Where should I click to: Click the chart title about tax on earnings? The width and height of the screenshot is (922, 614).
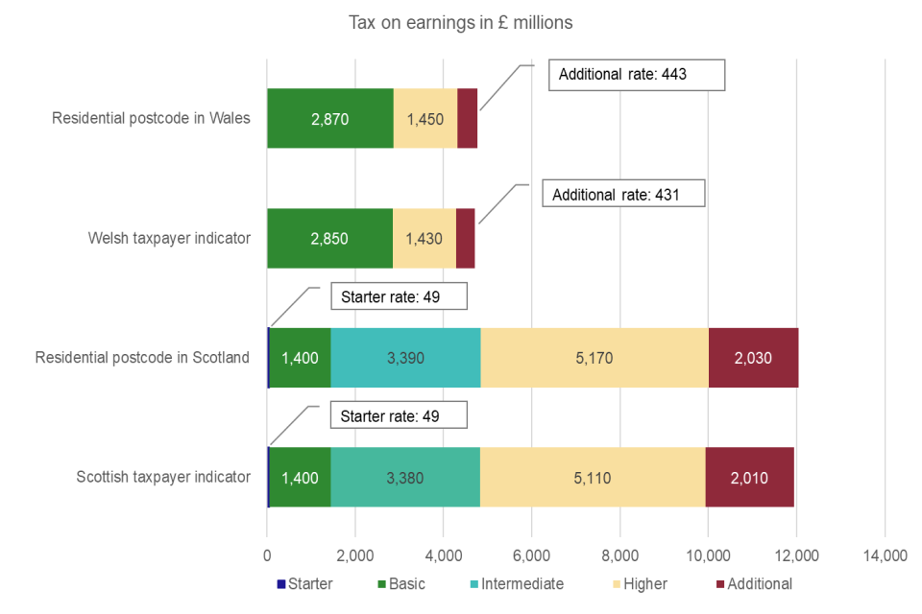(460, 22)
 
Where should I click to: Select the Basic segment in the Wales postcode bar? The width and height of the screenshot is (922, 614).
(329, 119)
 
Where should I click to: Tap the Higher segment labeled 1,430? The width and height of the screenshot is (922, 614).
(424, 238)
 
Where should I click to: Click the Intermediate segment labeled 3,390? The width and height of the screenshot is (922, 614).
(404, 358)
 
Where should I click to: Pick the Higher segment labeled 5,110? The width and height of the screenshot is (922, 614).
(593, 477)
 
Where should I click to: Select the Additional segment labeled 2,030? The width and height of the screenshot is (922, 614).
(753, 358)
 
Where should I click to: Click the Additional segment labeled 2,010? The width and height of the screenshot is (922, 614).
(749, 477)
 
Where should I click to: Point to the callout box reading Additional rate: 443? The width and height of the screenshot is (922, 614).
(636, 75)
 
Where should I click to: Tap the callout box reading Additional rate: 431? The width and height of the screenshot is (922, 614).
(626, 194)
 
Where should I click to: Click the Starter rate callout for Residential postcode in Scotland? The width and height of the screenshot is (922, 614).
(399, 296)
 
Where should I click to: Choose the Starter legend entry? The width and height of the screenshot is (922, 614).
(304, 583)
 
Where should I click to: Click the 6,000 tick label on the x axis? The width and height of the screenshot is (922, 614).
(531, 555)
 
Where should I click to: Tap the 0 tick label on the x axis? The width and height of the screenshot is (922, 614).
(267, 555)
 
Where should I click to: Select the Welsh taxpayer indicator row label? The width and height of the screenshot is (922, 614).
(170, 238)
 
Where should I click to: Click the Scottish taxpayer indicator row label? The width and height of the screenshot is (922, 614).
(163, 477)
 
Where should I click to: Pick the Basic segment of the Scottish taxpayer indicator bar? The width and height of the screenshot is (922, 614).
(300, 477)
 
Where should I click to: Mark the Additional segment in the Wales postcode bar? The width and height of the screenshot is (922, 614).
(467, 119)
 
